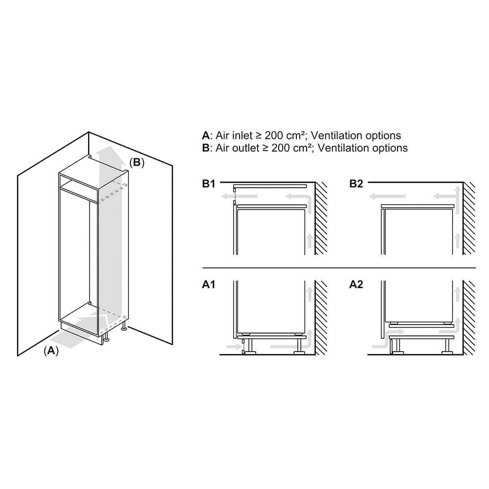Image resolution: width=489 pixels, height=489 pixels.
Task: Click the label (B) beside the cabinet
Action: coord(137,162)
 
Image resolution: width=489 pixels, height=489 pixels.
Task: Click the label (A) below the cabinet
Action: coord(51,351)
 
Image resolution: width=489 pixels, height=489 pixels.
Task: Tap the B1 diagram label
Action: coord(209,184)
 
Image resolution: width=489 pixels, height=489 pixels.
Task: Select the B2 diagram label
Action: coord(356,184)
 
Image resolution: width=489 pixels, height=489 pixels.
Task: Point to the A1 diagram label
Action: coord(209,285)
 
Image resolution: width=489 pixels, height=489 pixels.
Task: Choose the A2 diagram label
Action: coord(356,285)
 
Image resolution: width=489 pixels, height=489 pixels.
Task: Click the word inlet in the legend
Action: coord(243,135)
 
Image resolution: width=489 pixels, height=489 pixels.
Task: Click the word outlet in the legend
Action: coord(246,148)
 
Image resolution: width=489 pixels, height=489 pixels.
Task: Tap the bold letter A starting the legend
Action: coord(205,135)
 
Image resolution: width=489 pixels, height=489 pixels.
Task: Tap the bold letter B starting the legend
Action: coord(205,148)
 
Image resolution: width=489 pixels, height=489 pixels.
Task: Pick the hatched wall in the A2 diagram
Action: coord(469,317)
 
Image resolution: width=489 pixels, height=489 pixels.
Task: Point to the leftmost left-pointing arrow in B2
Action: coord(387,197)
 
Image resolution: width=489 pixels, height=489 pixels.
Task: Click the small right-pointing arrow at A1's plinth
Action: coord(233,347)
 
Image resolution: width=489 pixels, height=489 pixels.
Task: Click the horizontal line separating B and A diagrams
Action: coord(339,268)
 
